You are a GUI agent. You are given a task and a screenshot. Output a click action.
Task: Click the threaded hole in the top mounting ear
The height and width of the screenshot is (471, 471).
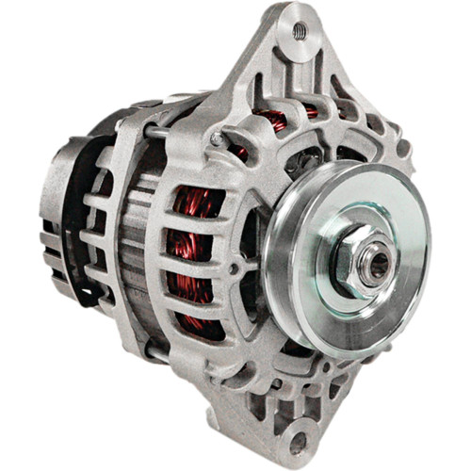tap(299, 30)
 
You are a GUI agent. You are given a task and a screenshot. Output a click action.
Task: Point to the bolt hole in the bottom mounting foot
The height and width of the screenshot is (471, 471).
tap(298, 440)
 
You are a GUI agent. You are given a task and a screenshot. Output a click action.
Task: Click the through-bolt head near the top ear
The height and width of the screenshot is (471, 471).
tap(218, 138)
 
